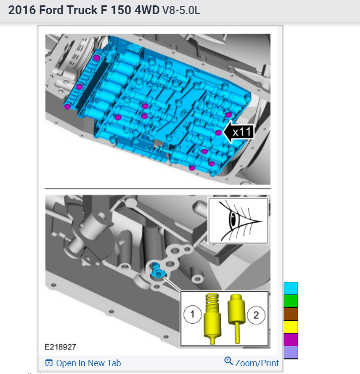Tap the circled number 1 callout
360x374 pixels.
[192, 315]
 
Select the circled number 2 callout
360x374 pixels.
[256, 315]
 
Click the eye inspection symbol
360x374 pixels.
[238, 221]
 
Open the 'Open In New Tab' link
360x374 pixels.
[83, 363]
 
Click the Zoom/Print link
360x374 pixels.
[257, 363]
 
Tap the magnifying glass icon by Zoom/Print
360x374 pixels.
[228, 361]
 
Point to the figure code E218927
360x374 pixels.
[60, 347]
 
